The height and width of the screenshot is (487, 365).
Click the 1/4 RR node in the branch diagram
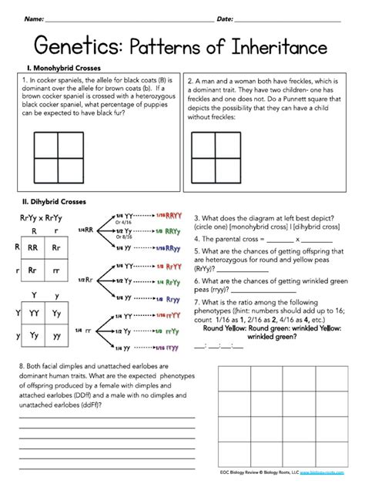point(86,230)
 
